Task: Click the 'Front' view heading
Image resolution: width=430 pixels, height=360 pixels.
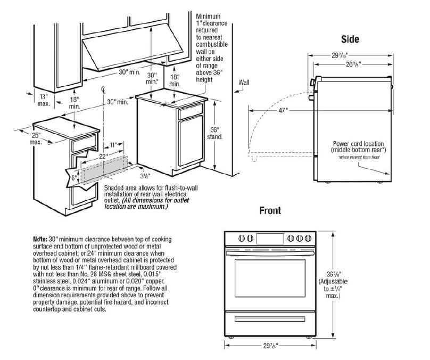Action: pyautogui.click(x=270, y=210)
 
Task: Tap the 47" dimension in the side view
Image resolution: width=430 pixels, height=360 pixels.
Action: pyautogui.click(x=282, y=110)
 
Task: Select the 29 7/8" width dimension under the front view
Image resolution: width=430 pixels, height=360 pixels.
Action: pyautogui.click(x=271, y=347)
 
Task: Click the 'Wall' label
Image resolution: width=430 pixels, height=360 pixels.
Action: pyautogui.click(x=244, y=83)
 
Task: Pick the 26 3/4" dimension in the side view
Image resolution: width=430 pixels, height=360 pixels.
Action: pyautogui.click(x=352, y=64)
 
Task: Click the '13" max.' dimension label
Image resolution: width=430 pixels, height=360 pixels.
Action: pyautogui.click(x=43, y=100)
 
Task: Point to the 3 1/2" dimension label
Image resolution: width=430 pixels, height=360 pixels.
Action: pyautogui.click(x=145, y=175)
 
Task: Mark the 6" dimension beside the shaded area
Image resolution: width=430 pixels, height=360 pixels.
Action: pyautogui.click(x=74, y=177)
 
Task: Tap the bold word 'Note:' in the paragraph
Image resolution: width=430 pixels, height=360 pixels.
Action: pyautogui.click(x=40, y=239)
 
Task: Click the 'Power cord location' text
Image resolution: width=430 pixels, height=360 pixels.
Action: pyautogui.click(x=359, y=144)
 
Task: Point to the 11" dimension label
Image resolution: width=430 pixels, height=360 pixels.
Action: pyautogui.click(x=114, y=144)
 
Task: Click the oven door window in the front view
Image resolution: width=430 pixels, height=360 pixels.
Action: pyautogui.click(x=271, y=279)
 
